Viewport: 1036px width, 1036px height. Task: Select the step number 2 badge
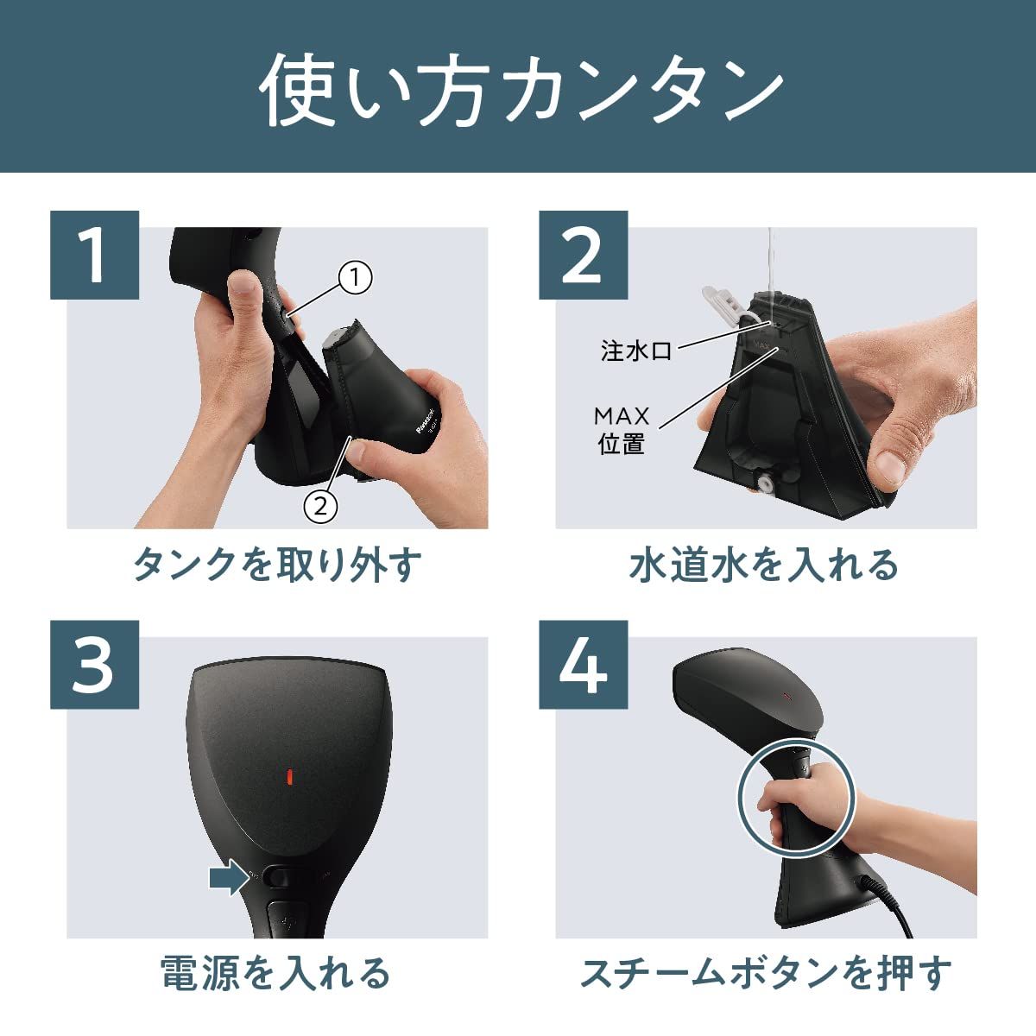[x=583, y=255]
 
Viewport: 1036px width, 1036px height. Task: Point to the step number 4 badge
[x=583, y=665]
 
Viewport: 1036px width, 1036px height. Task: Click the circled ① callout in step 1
[x=355, y=278]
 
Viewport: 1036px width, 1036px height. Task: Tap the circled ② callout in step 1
[x=319, y=506]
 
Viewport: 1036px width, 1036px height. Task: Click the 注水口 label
[x=636, y=351]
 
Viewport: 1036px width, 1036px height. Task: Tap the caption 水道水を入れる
[x=765, y=565]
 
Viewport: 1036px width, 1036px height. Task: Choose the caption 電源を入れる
[x=276, y=973]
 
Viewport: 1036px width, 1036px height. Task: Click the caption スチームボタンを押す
[x=765, y=973]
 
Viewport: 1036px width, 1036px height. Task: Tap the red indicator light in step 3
[x=290, y=775]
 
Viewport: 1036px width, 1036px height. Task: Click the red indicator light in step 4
[x=786, y=693]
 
